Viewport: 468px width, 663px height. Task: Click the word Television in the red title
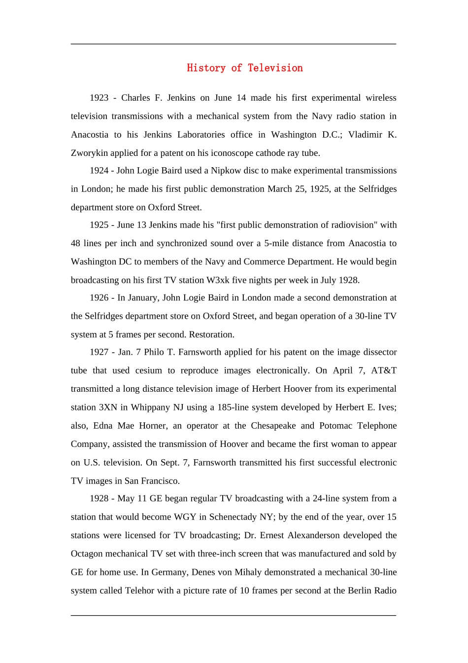click(x=275, y=68)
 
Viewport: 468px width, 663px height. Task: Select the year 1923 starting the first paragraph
click(x=99, y=98)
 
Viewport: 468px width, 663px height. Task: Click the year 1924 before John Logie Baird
click(x=99, y=171)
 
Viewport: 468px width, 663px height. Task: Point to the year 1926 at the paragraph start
click(x=99, y=298)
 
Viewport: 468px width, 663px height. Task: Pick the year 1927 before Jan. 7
click(x=99, y=352)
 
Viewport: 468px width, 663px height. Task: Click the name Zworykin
click(x=89, y=153)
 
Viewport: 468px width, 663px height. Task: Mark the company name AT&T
click(x=384, y=370)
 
